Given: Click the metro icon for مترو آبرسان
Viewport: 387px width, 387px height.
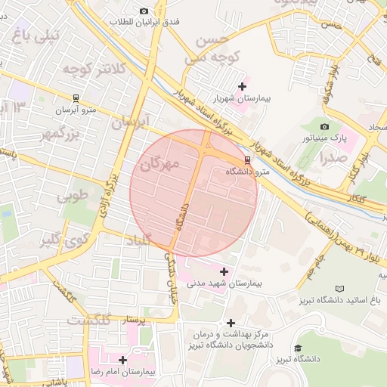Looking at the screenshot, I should (x=76, y=98).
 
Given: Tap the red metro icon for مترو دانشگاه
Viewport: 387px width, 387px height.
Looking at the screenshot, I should (x=248, y=160).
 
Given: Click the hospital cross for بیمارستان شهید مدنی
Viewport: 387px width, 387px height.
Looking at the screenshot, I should (x=224, y=271).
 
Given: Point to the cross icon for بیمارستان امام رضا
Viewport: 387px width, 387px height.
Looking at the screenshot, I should (x=123, y=361).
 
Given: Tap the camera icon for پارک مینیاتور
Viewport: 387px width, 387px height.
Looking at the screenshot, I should (x=325, y=126).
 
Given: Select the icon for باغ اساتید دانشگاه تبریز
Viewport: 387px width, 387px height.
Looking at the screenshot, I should (x=339, y=289).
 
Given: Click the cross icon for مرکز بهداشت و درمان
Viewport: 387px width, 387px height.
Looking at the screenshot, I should (x=231, y=323).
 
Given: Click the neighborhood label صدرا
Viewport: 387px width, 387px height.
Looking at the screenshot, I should (x=333, y=158).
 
